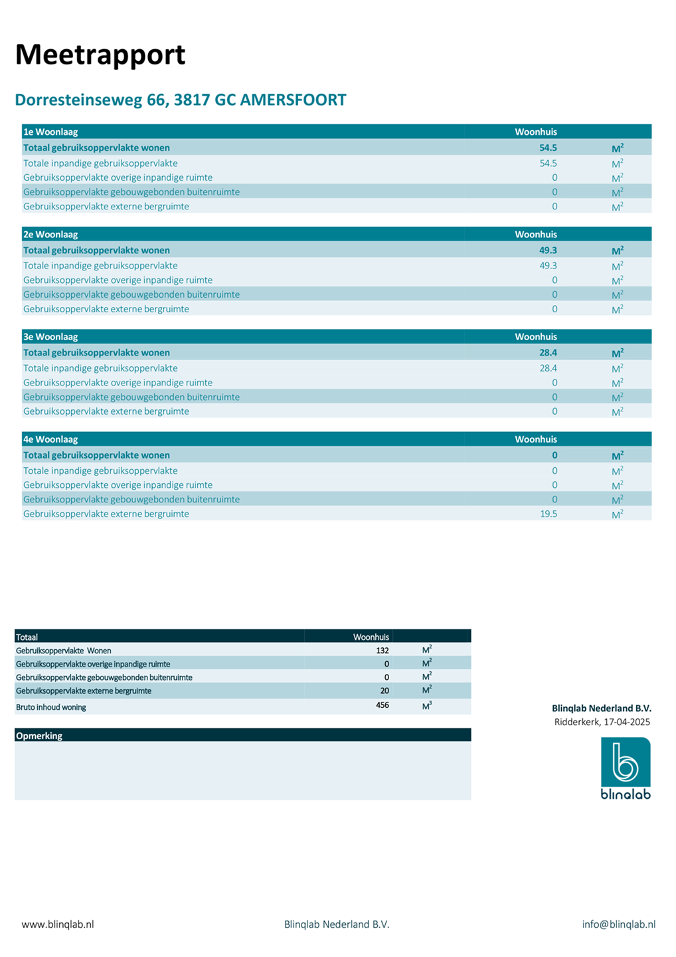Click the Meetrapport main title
[x=100, y=54]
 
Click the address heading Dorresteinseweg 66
[x=180, y=100]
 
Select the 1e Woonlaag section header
[x=50, y=132]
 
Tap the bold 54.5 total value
[x=548, y=148]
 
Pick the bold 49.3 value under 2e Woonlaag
[x=548, y=251]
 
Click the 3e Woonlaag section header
[x=50, y=337]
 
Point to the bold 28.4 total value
[x=548, y=353]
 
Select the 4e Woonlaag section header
[x=50, y=439]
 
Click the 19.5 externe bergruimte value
[x=549, y=514]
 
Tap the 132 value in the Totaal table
[x=382, y=651]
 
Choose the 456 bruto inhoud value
[x=382, y=705]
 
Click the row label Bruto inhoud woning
[x=51, y=707]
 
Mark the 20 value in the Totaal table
[x=384, y=691]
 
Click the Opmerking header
[x=39, y=736]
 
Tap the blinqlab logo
[x=626, y=768]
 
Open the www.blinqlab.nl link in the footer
[x=58, y=924]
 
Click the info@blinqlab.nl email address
[x=618, y=924]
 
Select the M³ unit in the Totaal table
[x=427, y=706]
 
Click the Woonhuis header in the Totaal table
[x=371, y=637]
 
